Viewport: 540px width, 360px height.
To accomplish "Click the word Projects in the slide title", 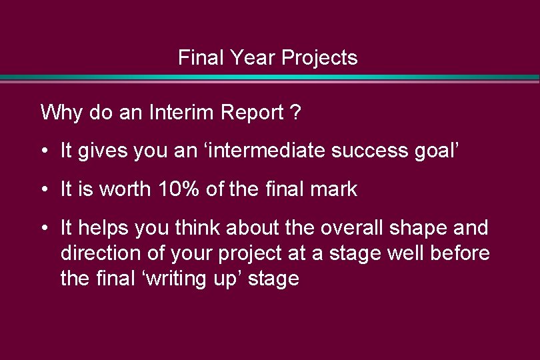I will pos(319,58).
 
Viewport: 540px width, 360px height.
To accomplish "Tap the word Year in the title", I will pos(253,58).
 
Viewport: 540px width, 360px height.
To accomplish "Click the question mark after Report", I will pos(296,113).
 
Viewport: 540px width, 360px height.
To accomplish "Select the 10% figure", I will pos(180,189).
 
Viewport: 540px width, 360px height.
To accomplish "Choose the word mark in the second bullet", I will pos(335,189).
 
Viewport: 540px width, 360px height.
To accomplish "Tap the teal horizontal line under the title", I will pos(270,78).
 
